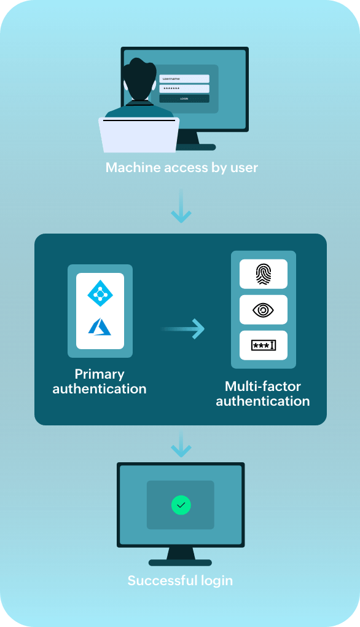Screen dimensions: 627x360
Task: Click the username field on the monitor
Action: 184,79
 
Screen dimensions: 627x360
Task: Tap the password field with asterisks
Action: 184,89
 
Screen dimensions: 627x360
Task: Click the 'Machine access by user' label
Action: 181,167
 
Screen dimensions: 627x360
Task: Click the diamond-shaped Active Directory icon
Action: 100,293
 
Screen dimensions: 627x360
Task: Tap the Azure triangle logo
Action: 100,326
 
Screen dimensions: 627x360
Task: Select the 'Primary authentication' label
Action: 100,381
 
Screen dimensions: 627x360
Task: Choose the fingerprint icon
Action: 263,274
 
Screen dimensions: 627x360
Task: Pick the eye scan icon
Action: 263,310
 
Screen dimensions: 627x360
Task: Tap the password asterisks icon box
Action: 263,345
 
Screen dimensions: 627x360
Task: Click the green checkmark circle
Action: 181,505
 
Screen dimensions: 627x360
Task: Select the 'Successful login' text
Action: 180,580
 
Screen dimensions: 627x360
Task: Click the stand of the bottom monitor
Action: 180,556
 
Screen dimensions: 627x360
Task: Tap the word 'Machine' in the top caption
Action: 130,167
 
